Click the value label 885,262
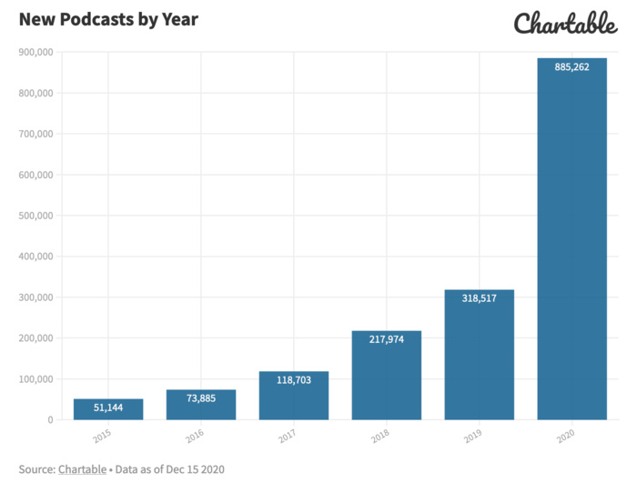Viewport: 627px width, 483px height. click(x=571, y=65)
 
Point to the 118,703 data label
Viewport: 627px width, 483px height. click(x=294, y=379)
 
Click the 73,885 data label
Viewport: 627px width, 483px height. click(x=201, y=397)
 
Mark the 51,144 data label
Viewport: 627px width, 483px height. click(x=108, y=408)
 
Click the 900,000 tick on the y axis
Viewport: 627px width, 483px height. click(x=35, y=52)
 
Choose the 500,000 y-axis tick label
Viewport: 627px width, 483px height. click(x=35, y=216)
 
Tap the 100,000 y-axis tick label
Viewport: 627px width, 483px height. click(x=35, y=379)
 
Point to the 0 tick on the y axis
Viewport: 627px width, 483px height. click(x=48, y=420)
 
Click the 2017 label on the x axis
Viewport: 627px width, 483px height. click(x=288, y=438)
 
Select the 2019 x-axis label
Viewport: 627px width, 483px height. click(x=473, y=438)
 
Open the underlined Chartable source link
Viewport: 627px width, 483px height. click(x=82, y=469)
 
